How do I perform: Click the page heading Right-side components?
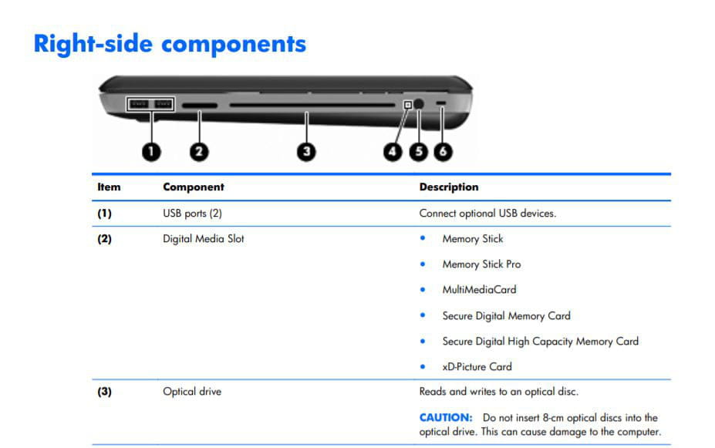170,44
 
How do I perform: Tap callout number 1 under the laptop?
151,151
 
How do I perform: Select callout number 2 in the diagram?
199,151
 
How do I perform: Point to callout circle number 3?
306,151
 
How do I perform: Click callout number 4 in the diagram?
393,151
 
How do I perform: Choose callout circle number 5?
419,151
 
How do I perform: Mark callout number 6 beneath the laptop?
443,151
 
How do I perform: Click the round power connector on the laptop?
419,104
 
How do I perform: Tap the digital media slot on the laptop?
200,106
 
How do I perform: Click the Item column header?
109,187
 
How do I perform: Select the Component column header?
194,187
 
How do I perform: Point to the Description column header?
449,187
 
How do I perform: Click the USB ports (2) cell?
192,214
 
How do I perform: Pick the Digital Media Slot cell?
204,239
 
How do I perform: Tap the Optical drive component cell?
192,392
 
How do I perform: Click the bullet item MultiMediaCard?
479,289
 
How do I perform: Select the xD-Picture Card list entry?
477,366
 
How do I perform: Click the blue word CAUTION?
446,417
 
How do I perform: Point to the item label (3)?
104,392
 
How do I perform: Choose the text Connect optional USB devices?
487,214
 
